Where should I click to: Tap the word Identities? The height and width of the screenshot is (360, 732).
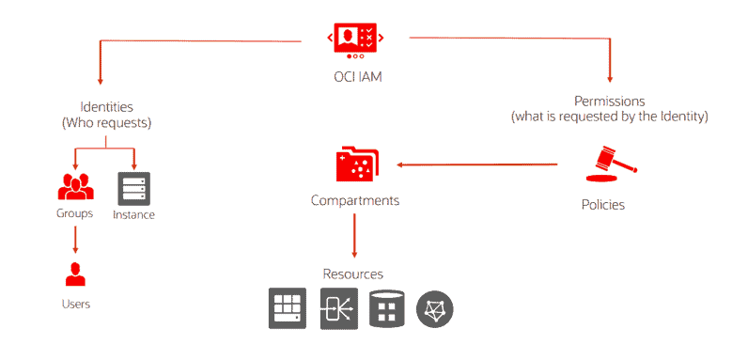click(106, 106)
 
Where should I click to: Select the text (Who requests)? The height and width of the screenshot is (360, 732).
click(106, 122)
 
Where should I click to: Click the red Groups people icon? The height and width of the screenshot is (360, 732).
click(75, 187)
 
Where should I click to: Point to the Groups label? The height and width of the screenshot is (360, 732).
click(75, 212)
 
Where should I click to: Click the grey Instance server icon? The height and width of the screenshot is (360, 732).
click(132, 188)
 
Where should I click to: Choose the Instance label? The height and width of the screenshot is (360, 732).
click(133, 214)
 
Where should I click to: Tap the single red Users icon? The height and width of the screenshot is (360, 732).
click(75, 274)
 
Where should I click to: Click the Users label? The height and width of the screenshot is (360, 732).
click(75, 304)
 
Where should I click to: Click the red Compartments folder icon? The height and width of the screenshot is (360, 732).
click(355, 164)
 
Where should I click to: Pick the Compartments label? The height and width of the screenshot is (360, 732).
click(355, 200)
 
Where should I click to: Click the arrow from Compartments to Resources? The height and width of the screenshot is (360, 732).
click(355, 234)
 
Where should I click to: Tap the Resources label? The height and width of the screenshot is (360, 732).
click(353, 274)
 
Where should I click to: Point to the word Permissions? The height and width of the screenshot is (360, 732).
click(609, 100)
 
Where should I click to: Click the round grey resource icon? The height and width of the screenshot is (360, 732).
click(435, 308)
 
